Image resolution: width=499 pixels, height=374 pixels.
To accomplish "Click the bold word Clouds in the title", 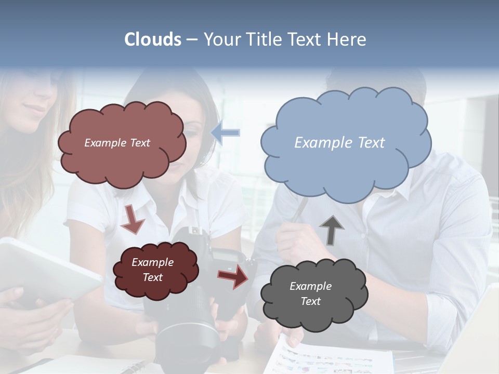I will [x=153, y=39].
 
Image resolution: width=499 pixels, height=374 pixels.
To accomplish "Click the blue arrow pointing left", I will [x=226, y=133].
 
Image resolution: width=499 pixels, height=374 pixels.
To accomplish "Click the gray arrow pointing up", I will [x=332, y=230].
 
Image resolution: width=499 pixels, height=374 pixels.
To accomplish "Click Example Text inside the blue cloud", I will [x=339, y=143].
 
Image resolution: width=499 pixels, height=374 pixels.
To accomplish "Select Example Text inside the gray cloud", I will [x=310, y=293].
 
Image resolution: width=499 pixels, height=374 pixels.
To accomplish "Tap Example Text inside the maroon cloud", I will [x=153, y=270].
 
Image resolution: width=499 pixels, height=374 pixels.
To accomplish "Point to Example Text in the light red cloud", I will [x=117, y=143].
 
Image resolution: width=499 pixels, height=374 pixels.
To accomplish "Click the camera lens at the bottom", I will [x=187, y=343].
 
